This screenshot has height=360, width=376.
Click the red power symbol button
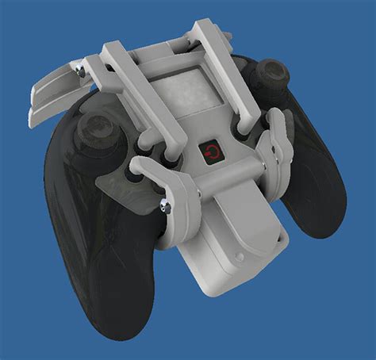211,151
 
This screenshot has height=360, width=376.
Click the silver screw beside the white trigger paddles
80,72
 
